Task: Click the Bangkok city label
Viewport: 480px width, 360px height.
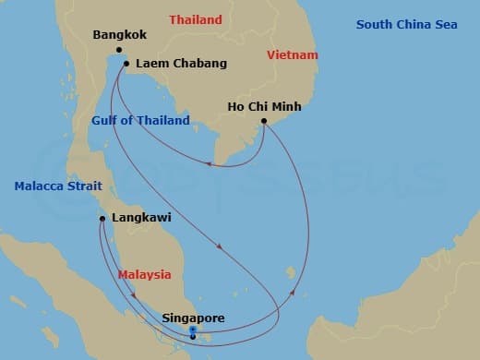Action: [121, 36]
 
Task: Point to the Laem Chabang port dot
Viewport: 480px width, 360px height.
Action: [126, 65]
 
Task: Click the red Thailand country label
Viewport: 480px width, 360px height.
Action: [195, 19]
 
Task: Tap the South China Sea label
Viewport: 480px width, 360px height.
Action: [407, 24]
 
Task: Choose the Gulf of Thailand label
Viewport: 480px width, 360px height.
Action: [140, 121]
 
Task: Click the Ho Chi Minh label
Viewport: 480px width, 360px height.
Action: [264, 106]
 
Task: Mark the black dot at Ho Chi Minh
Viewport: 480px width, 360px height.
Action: [264, 121]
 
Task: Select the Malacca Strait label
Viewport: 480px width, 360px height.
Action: [52, 186]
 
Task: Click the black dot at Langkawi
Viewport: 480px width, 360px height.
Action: [102, 219]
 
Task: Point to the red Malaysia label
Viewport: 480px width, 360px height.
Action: [145, 274]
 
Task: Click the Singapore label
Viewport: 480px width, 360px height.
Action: [193, 318]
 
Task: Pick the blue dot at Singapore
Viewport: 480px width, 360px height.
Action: [192, 330]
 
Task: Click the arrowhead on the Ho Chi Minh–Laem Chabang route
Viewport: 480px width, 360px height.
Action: [209, 165]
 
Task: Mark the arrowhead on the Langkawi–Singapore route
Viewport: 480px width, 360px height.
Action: [135, 295]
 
